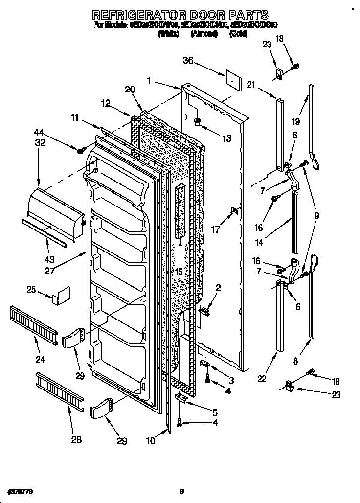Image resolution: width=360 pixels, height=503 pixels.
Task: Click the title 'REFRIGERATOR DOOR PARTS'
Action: click(x=180, y=14)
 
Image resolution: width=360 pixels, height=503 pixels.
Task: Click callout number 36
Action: click(x=188, y=61)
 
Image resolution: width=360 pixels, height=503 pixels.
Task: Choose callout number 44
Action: click(x=39, y=132)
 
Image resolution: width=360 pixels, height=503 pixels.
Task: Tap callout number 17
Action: click(x=215, y=229)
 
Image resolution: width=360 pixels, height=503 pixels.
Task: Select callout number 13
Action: click(x=226, y=139)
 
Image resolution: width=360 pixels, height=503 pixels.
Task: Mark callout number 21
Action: click(x=251, y=86)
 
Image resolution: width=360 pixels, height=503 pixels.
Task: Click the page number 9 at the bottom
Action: click(x=181, y=491)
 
